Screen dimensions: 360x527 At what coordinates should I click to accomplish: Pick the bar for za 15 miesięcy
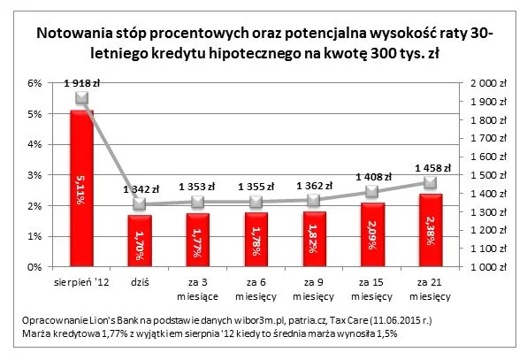[371, 234]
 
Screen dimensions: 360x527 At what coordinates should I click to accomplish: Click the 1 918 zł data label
[80, 82]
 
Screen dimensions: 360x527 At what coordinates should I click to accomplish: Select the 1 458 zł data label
[433, 166]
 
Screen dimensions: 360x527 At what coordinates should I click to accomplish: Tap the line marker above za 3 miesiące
[197, 203]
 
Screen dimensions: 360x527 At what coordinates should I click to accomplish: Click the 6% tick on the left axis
[36, 83]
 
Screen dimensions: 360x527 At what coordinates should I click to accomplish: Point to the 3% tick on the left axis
[36, 175]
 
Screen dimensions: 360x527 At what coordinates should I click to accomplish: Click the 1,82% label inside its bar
[313, 239]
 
